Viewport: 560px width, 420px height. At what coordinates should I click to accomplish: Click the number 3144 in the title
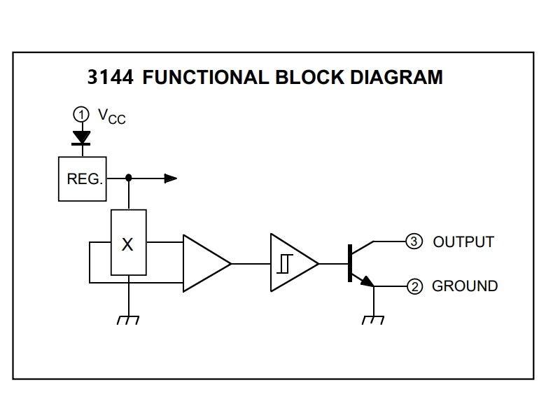[111, 77]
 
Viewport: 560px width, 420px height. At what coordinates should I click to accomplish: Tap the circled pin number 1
[82, 114]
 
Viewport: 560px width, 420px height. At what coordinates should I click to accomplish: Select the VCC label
[111, 116]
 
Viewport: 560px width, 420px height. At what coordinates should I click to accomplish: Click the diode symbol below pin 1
[82, 137]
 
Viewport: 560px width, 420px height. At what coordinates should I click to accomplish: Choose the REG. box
[82, 178]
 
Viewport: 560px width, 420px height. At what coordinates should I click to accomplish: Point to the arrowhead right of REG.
[170, 178]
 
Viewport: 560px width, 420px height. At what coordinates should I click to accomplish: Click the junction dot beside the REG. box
[128, 178]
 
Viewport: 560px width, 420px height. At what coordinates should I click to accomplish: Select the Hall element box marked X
[128, 243]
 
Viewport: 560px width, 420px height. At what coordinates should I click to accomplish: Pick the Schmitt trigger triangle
[290, 263]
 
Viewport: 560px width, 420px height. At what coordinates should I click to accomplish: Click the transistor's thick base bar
[349, 263]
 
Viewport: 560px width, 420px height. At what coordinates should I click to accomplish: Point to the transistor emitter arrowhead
[367, 281]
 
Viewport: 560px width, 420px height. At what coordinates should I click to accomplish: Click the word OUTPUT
[463, 242]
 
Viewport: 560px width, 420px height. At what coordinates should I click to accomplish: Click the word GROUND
[465, 286]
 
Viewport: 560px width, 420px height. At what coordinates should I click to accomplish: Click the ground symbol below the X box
[128, 319]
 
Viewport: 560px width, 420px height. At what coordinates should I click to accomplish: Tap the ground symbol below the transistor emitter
[374, 319]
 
